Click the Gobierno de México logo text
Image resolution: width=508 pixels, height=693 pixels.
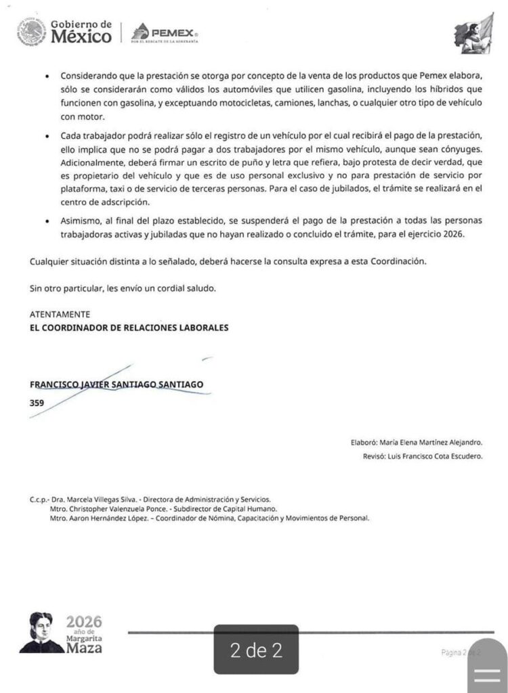(81, 31)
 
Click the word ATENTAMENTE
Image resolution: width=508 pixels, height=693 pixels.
(60, 315)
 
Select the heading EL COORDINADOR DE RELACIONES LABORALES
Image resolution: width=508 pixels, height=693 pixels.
(129, 328)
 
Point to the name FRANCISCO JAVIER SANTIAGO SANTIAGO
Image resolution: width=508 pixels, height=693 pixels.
(116, 384)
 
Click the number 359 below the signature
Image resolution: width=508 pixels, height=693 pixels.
(37, 402)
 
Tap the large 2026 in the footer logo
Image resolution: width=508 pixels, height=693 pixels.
(84, 621)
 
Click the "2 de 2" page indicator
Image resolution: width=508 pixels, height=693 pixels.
(256, 651)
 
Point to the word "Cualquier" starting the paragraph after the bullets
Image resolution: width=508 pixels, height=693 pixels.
(49, 261)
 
